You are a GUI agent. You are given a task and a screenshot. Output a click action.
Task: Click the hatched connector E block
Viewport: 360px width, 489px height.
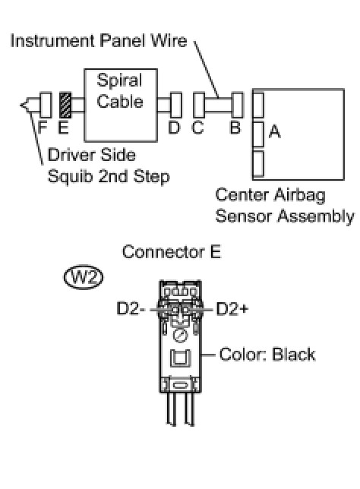[65, 106]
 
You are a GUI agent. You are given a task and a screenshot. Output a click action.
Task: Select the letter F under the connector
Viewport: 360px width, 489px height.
[43, 128]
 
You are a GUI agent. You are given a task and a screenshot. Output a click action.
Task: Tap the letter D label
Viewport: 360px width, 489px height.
[174, 128]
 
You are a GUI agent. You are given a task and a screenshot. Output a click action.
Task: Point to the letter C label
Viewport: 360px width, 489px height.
[197, 128]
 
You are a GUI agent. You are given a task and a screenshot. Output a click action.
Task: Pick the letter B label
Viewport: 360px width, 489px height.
[235, 128]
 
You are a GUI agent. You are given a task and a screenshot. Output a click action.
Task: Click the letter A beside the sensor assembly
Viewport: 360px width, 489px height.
[274, 131]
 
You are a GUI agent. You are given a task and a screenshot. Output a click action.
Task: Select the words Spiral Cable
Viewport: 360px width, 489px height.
[120, 91]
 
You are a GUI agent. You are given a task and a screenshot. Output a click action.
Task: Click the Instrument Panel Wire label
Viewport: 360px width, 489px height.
[99, 41]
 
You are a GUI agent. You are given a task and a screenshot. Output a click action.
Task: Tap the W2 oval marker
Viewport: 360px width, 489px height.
[84, 277]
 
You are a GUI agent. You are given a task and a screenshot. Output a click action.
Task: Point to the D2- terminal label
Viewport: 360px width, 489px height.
[131, 309]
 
